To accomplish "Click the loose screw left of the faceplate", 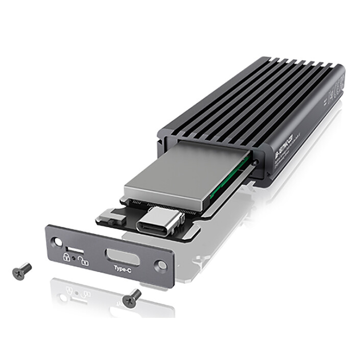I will (x=21, y=271).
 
